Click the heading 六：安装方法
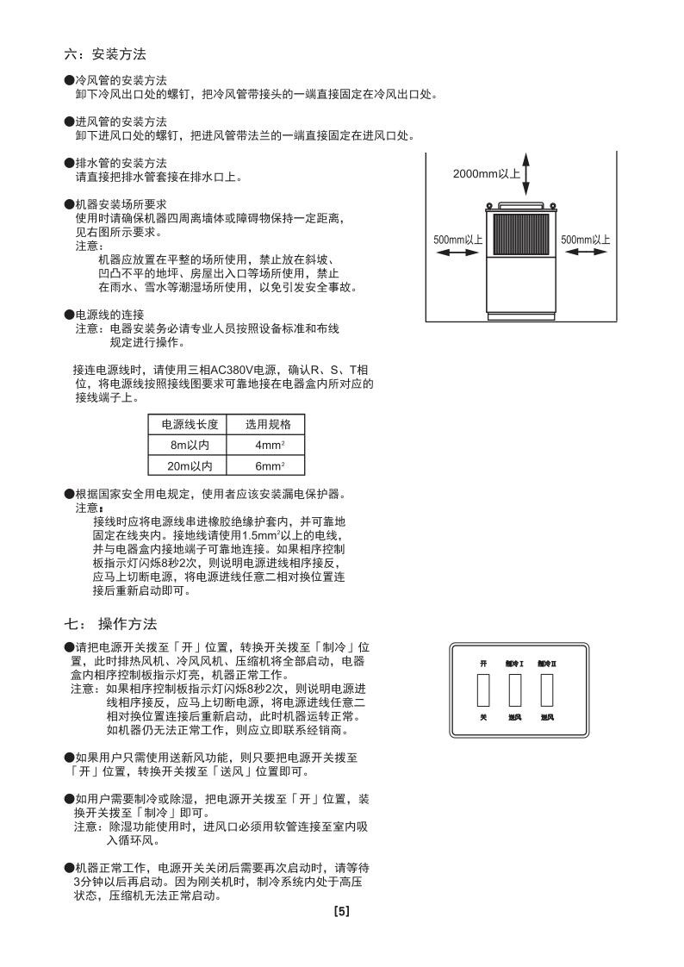[105, 53]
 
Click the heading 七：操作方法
[110, 623]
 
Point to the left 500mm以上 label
[457, 239]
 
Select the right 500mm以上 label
[585, 239]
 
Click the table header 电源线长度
[183, 424]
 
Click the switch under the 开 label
[484, 691]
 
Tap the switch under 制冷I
[515, 691]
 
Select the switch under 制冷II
[546, 691]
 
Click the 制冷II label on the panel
[546, 664]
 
